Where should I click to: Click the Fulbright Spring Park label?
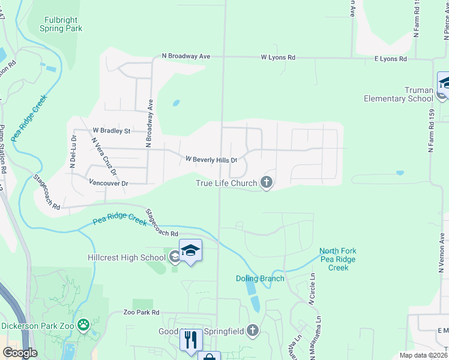(x=61, y=23)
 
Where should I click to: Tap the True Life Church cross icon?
(x=267, y=182)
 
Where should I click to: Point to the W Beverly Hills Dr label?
(x=212, y=160)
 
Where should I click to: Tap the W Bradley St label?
(x=111, y=130)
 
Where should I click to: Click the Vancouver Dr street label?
(x=109, y=183)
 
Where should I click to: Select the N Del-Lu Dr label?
(x=74, y=151)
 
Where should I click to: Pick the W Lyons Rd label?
(x=278, y=58)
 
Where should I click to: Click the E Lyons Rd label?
(x=390, y=59)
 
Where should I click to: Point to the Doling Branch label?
(x=260, y=278)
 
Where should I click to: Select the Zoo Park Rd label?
(x=141, y=313)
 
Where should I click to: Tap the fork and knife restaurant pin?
(x=190, y=340)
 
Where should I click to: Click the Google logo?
(x=20, y=352)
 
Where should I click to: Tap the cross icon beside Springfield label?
(x=253, y=330)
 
